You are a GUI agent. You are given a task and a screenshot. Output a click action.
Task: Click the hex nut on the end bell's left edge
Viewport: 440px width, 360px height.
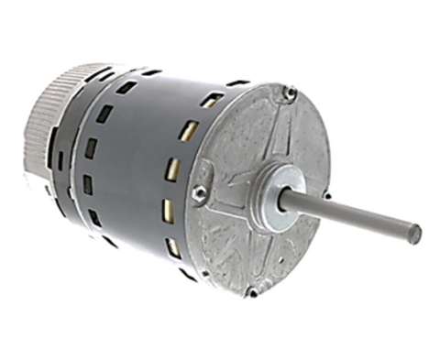pos(198,193)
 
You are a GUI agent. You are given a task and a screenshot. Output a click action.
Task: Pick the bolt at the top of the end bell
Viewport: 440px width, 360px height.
pos(290,93)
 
